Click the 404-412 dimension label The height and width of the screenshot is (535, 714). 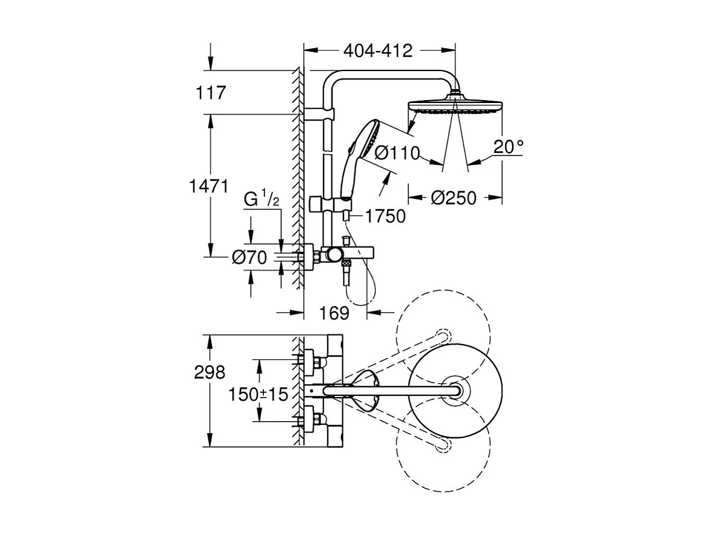pos(378,51)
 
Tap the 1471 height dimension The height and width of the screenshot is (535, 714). pos(208,187)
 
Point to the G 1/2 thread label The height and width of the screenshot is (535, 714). pos(261,199)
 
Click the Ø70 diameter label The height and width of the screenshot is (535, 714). pos(249,258)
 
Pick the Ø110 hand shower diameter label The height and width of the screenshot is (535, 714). pos(396,154)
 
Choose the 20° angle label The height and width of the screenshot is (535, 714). pos(508,147)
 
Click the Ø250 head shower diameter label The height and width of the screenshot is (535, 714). pos(455,198)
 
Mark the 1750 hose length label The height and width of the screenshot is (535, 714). pos(386,216)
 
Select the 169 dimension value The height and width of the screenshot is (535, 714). pos(334,313)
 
